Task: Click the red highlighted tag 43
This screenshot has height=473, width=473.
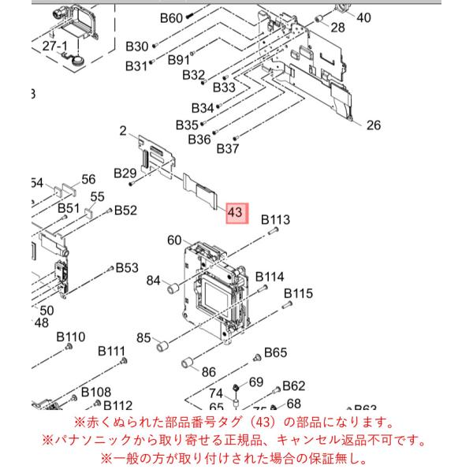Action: point(237,214)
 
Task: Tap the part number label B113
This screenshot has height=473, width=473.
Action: point(275,220)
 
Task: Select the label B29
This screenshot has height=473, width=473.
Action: point(125,173)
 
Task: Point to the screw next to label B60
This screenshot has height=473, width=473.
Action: point(189,16)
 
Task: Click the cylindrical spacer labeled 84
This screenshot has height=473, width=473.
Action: point(173,288)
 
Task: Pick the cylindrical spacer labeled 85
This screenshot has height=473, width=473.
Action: point(163,345)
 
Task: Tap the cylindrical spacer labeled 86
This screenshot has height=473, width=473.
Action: point(188,362)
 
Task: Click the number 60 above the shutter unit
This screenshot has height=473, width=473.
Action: point(174,240)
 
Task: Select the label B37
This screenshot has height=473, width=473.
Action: point(228,148)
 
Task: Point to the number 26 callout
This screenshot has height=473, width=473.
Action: point(374,125)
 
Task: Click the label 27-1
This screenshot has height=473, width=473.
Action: point(55,47)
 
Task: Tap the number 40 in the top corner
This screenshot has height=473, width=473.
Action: point(363,17)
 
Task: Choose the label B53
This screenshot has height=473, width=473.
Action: point(127,267)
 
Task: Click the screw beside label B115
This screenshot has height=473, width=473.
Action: point(287,304)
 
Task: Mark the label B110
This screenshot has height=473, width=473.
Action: point(71,337)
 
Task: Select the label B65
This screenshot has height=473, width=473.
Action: point(275,352)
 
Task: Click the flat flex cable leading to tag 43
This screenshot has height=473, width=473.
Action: point(200,192)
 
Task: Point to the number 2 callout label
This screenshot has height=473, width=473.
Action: point(123,131)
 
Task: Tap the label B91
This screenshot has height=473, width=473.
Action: point(179,60)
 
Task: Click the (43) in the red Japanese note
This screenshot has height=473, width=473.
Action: point(263,423)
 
